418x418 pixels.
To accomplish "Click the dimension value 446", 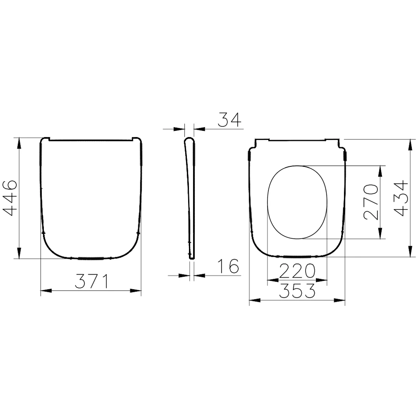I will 10,198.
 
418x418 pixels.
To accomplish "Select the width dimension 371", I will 92,281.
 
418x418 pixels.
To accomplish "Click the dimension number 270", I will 371,202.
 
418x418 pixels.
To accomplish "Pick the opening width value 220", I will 297,272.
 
